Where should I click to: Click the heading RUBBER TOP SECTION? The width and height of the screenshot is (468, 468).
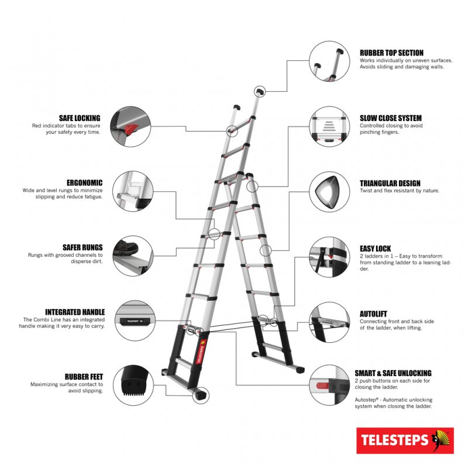(391, 53)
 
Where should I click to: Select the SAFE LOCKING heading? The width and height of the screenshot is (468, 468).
(80, 118)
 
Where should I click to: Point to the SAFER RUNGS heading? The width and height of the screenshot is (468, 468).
(82, 247)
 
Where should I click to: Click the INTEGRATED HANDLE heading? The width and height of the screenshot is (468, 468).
(75, 312)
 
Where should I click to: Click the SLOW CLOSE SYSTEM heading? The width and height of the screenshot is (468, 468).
(390, 118)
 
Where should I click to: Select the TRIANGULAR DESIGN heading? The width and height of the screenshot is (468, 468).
(390, 183)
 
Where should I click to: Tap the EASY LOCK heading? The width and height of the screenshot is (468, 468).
(375, 249)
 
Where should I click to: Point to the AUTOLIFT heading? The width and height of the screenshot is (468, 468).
(373, 314)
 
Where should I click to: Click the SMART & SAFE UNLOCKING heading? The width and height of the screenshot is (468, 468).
(393, 373)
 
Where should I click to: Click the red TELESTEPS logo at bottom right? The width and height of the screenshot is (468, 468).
(405, 440)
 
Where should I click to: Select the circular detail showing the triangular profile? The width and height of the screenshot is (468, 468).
(329, 192)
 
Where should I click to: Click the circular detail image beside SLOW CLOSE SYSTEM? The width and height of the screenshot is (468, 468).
(329, 127)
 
